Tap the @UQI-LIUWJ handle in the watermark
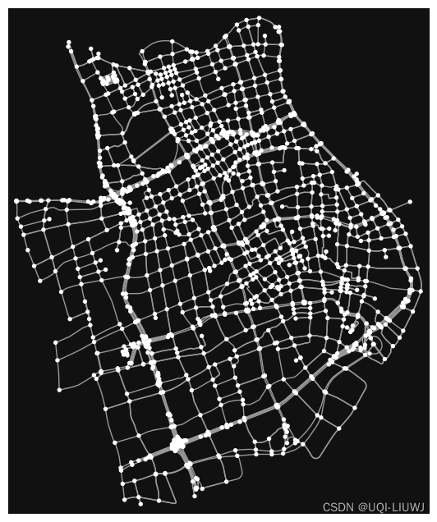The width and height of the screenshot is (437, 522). (386, 507)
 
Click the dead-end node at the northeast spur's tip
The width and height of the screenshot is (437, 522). (410, 201)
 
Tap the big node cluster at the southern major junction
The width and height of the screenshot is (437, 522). (177, 444)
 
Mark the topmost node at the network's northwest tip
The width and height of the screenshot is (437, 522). (68, 42)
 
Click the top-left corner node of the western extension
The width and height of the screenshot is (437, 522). (16, 200)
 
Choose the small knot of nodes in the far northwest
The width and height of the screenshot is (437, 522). (108, 80)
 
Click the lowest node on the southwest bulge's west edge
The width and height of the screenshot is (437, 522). (59, 389)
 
